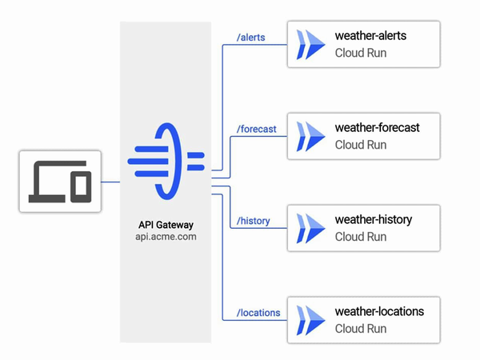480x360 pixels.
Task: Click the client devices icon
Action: (61, 181)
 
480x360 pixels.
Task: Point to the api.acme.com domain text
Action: (166, 237)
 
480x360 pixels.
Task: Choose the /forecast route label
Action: (257, 128)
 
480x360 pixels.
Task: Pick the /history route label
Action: (254, 221)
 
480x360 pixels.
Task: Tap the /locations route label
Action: (259, 312)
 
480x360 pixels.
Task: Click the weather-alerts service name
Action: (375, 36)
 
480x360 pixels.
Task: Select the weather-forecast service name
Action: (377, 128)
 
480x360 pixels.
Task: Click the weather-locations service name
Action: (379, 311)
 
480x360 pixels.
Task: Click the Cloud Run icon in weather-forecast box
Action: (310, 136)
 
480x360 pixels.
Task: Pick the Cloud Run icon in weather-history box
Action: (310, 228)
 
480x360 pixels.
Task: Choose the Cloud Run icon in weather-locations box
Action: (310, 320)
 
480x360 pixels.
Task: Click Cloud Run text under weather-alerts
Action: (360, 54)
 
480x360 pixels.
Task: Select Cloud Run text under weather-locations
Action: (360, 329)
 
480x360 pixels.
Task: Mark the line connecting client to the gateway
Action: (111, 182)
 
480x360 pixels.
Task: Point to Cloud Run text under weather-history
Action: (360, 237)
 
